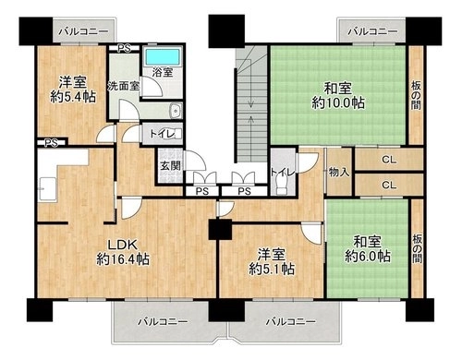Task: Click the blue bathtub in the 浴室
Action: coord(163,56)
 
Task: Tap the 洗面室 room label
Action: coord(123,86)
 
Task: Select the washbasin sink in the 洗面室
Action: coord(176,111)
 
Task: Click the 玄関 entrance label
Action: coord(170,166)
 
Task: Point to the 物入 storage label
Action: coord(339,173)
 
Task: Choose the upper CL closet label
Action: coord(389,160)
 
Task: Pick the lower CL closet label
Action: coord(389,185)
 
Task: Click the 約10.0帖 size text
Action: coord(338,102)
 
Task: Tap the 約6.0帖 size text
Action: coord(368,256)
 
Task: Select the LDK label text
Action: coord(122,245)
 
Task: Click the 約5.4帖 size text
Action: coord(73,97)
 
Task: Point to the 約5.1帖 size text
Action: coord(272,269)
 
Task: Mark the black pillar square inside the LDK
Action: coord(220,230)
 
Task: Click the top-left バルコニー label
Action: coord(84,31)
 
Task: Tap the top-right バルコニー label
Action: coord(372,31)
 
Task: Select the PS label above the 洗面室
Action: coord(124,49)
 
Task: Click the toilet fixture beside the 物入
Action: coord(282,186)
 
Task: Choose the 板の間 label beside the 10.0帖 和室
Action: coord(416,96)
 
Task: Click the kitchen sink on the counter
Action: coord(47,189)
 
